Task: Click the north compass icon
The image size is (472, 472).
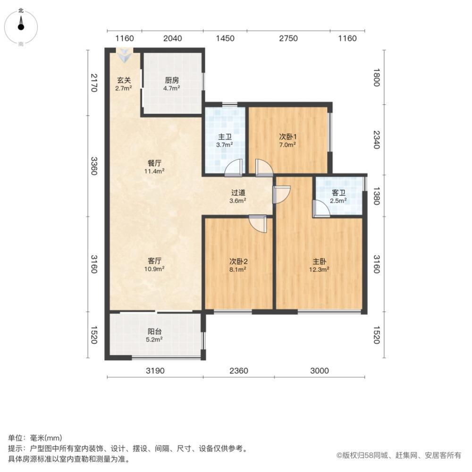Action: pos(21,25)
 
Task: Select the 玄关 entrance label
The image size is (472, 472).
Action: pos(124,80)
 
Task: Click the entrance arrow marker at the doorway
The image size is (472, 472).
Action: pos(125,56)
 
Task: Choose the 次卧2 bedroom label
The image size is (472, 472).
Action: pos(238,261)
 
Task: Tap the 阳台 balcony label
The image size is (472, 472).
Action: pos(154,331)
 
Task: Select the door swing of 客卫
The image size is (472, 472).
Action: pos(322,208)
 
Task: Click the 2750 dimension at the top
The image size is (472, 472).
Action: pos(288,38)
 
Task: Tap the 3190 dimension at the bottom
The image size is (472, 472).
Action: pos(155,371)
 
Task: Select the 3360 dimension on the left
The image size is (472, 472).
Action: pos(93,166)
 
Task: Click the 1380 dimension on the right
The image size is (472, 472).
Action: pos(376,194)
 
